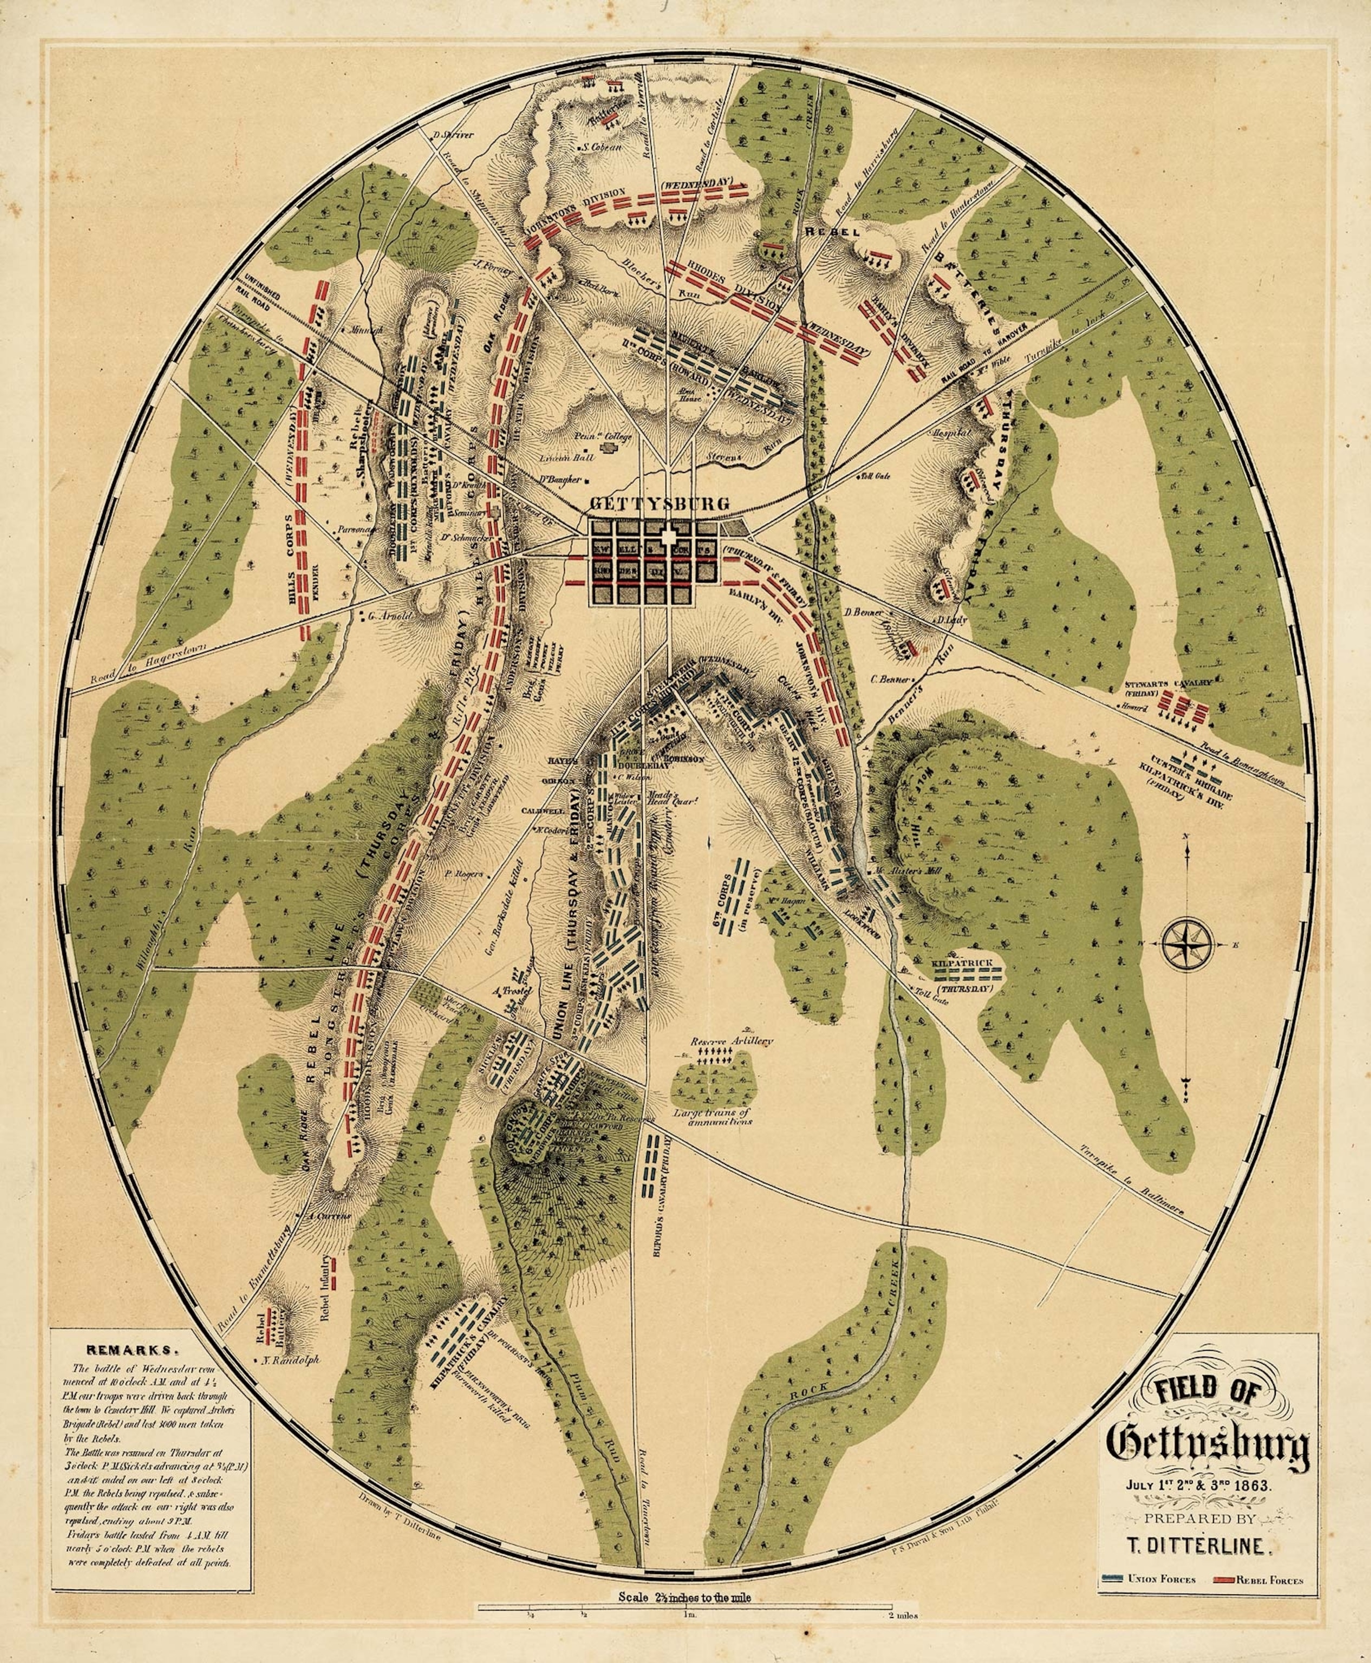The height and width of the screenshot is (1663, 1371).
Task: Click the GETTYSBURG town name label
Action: point(660,504)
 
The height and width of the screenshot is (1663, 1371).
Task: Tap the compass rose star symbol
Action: point(1187,944)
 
